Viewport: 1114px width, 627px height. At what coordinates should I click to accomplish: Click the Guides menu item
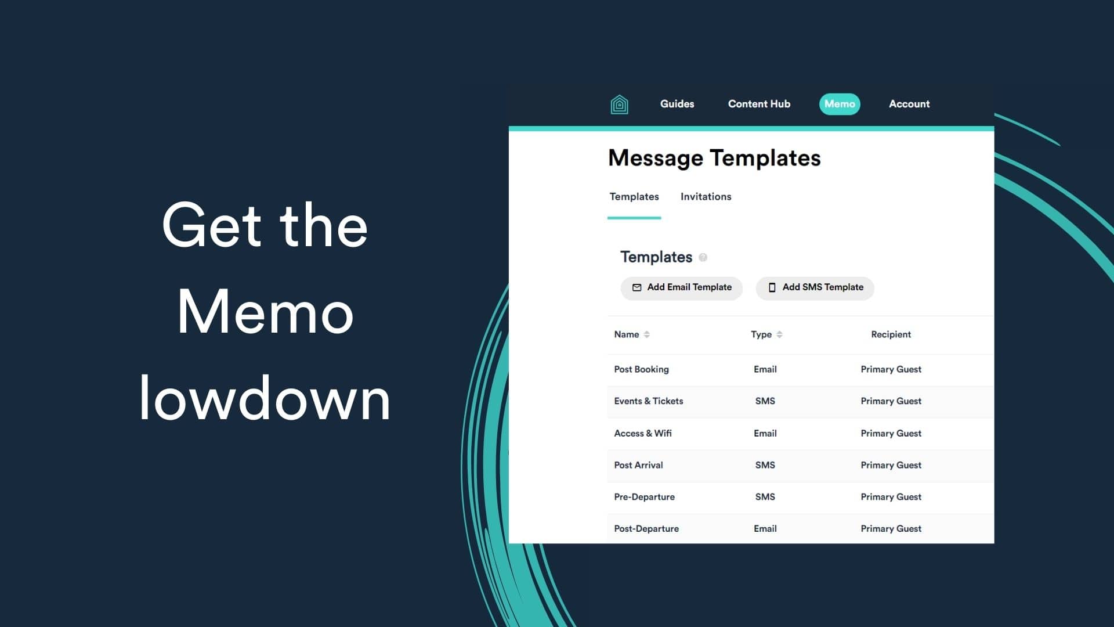coord(677,104)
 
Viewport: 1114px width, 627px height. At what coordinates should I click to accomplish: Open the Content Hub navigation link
coord(759,104)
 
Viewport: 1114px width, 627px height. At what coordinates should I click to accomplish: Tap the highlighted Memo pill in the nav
coord(839,104)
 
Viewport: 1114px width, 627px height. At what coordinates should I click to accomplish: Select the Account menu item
coord(909,104)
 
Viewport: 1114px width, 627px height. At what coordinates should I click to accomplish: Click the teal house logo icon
coord(619,105)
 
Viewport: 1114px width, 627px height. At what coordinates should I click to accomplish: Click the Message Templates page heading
coord(714,158)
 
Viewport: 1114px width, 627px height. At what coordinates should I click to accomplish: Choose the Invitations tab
coord(706,197)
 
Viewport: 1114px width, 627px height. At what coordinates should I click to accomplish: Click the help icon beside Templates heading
coord(703,258)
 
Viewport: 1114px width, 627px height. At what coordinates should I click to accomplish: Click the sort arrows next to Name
coord(646,334)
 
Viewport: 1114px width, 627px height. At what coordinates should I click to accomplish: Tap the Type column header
coord(761,334)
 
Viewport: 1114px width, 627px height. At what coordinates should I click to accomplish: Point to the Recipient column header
coord(891,334)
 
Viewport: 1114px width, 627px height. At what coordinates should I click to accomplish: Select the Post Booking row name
coord(641,369)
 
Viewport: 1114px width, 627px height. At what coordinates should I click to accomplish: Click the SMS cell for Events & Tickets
coord(765,401)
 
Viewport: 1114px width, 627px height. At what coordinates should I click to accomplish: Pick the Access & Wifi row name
coord(642,433)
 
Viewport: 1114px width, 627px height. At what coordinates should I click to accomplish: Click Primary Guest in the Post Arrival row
coord(891,465)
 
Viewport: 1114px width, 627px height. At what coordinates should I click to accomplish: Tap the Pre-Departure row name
coord(644,497)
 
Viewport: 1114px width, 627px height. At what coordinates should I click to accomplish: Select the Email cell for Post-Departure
coord(765,529)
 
